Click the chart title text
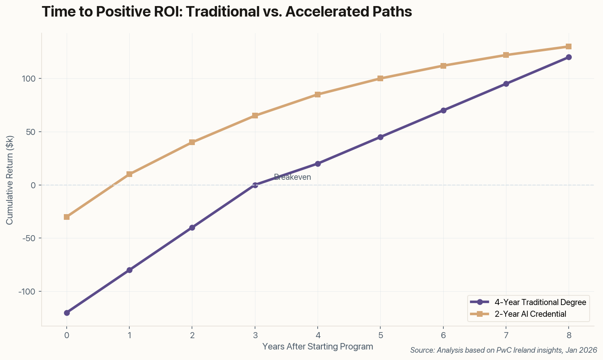click(x=227, y=12)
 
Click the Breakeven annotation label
click(x=292, y=177)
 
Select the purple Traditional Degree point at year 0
click(x=67, y=313)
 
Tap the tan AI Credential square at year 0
click(x=67, y=217)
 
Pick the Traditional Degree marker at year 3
click(x=255, y=185)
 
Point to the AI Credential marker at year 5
click(x=380, y=78)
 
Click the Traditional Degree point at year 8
click(x=569, y=57)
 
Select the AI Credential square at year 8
click(x=569, y=46)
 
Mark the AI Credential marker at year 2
click(x=192, y=142)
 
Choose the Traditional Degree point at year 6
click(x=443, y=110)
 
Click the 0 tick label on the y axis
click(x=34, y=185)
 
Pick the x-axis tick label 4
click(x=318, y=335)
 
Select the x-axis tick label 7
click(x=506, y=335)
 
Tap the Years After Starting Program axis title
click(x=318, y=347)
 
